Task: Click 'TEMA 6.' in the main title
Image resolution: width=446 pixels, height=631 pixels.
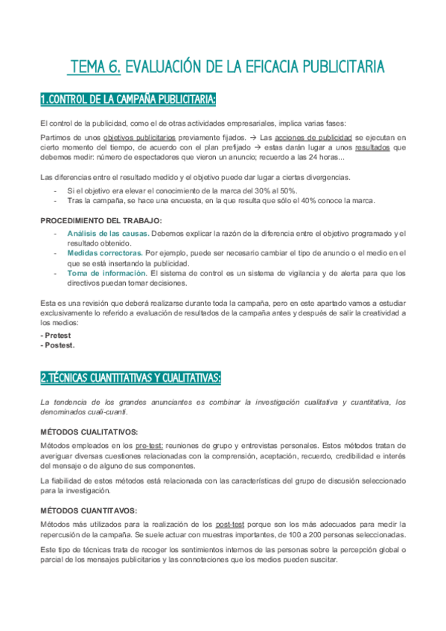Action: click(95, 68)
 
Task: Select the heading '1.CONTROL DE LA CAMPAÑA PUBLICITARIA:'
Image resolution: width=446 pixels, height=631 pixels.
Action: click(128, 99)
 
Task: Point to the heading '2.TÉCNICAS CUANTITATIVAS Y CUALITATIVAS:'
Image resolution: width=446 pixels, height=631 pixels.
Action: click(130, 378)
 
